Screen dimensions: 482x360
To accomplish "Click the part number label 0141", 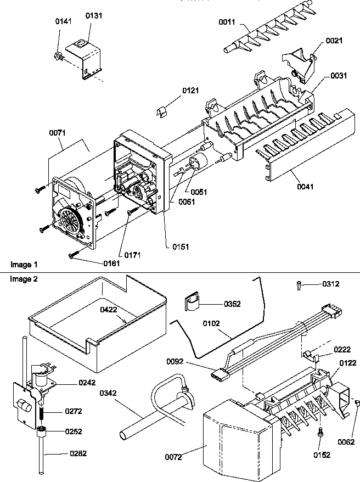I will coord(63,21).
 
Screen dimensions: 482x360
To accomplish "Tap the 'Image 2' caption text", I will coord(24,279).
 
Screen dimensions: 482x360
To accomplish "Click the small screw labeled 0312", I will coord(298,284).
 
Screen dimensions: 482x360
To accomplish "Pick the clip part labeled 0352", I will coord(192,304).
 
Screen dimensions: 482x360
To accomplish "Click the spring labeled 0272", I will coord(42,411).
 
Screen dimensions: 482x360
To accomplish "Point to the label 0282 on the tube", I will coord(77,453).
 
